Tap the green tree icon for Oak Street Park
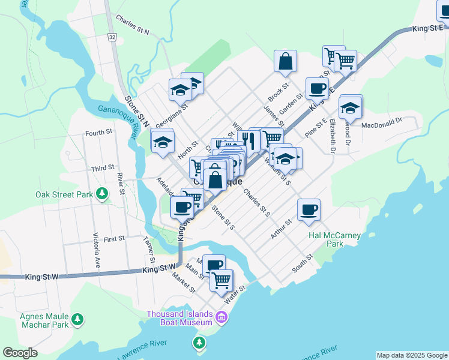pyautogui.click(x=103, y=193)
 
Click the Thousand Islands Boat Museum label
pyautogui.click(x=180, y=319)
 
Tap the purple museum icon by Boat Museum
pyautogui.click(x=221, y=317)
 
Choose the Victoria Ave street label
pyautogui.click(x=95, y=250)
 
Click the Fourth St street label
pyautogui.click(x=99, y=132)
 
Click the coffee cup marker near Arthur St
pyautogui.click(x=309, y=210)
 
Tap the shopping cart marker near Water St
pyautogui.click(x=221, y=280)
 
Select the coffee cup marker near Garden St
pyautogui.click(x=317, y=89)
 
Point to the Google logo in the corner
pyautogui.click(x=20, y=353)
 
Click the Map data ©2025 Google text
pyautogui.click(x=411, y=355)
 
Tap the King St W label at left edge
pyautogui.click(x=41, y=277)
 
